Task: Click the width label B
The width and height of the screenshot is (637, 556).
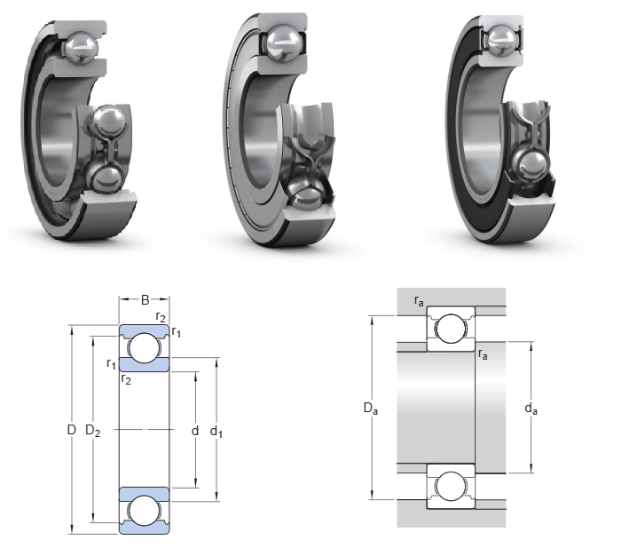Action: (x=145, y=300)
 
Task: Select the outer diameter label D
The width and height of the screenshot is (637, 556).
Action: (x=72, y=430)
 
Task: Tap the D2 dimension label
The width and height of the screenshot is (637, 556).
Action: (x=92, y=430)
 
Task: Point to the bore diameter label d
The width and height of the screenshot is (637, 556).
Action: (x=195, y=430)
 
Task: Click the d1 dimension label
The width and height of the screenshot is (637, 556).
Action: (x=216, y=432)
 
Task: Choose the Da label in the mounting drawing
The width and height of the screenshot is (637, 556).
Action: (x=370, y=408)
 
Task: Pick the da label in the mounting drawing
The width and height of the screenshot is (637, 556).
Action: (x=531, y=409)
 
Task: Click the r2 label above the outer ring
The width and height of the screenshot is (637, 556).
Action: (x=161, y=316)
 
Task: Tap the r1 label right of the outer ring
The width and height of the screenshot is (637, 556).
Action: (x=176, y=332)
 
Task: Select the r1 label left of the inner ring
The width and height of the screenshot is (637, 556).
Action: (x=111, y=363)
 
